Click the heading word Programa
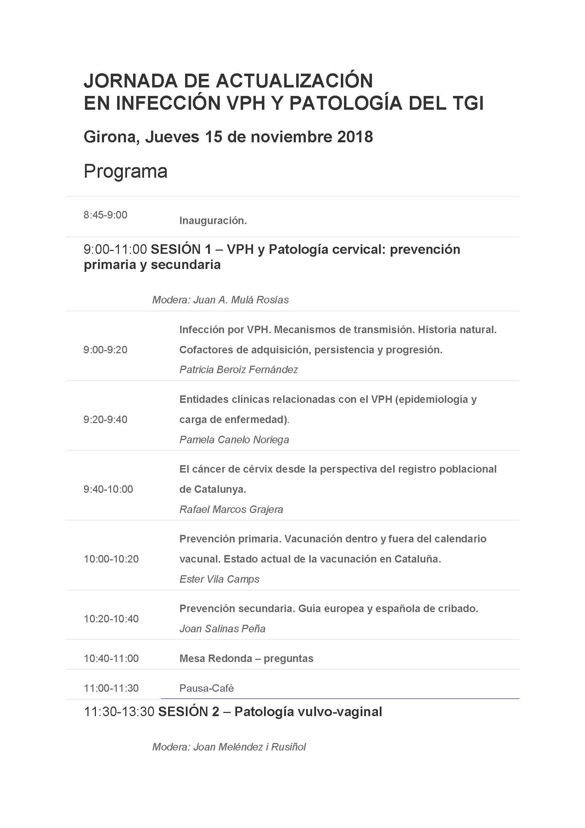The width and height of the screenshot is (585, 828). tap(125, 171)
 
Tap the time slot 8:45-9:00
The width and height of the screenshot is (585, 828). tap(105, 215)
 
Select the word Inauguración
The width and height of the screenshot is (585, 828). tap(213, 221)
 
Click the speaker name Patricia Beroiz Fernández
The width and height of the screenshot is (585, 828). tap(239, 370)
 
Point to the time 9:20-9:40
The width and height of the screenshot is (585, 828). tap(105, 419)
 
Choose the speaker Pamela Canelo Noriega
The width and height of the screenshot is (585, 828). tap(234, 440)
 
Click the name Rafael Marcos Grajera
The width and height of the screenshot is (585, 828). tap(231, 509)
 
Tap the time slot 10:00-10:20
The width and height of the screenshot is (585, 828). tap(111, 559)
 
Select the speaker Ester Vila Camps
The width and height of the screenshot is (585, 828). tap(219, 579)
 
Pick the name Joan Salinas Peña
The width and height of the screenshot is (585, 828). tap(222, 629)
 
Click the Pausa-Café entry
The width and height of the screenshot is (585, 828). tap(207, 689)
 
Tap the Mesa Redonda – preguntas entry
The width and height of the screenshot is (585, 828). tap(246, 658)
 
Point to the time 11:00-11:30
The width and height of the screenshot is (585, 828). tap(111, 688)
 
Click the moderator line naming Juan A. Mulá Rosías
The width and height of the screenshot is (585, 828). tap(220, 300)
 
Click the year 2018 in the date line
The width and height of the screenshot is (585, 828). tap(355, 137)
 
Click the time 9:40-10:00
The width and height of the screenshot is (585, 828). tap(108, 489)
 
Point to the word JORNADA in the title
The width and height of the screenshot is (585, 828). tap(131, 80)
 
